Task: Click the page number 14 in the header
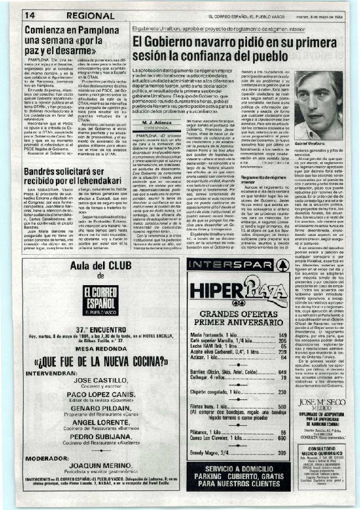(x=29, y=16)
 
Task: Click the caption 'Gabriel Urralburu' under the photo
(x=314, y=126)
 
